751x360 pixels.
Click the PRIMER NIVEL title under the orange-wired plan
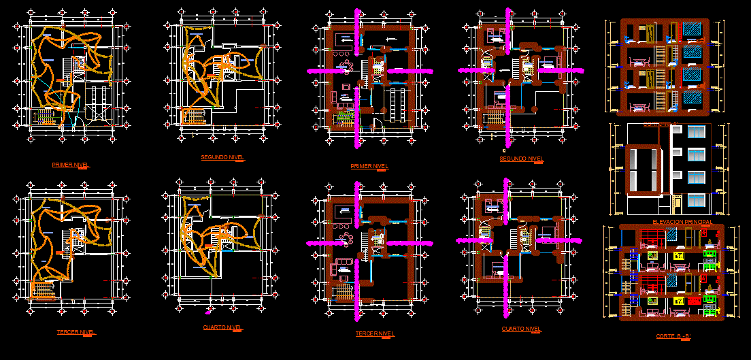click(70, 165)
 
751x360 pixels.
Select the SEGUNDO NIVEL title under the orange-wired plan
click(222, 157)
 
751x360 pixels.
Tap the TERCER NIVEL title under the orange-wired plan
click(76, 332)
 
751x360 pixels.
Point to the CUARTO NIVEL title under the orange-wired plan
click(222, 327)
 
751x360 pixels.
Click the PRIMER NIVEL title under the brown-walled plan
click(369, 166)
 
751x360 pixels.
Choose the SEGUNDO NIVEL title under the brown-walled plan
click(522, 159)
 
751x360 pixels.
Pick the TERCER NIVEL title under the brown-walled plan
click(375, 333)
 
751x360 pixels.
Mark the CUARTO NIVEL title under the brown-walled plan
click(522, 329)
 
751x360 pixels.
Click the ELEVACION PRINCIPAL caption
click(682, 222)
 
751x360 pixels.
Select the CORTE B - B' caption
click(673, 336)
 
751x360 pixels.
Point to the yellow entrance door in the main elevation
click(678, 201)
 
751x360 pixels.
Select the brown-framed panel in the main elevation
click(642, 169)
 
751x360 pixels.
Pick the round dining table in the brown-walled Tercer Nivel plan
click(346, 238)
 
